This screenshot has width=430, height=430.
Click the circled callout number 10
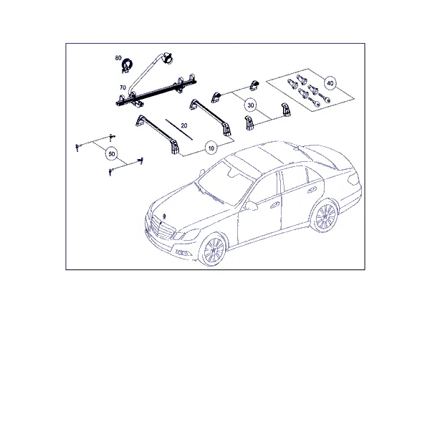211,148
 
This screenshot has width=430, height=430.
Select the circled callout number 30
250,105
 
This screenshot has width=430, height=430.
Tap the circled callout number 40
330,83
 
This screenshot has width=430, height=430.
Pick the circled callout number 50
111,154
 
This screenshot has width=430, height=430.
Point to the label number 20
184,125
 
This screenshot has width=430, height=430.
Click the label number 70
123,87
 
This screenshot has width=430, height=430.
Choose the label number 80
118,58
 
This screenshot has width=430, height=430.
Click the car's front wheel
214,250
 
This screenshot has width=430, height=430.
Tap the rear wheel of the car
325,216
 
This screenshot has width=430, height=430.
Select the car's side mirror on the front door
251,206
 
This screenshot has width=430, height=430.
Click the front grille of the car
163,229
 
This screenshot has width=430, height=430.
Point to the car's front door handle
274,204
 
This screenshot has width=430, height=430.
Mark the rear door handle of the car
311,190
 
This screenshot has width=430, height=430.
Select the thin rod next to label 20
178,130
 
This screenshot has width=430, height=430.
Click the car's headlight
187,235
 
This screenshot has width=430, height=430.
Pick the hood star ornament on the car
164,216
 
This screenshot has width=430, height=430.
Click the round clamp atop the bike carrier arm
167,58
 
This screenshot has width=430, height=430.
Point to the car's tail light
353,179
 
